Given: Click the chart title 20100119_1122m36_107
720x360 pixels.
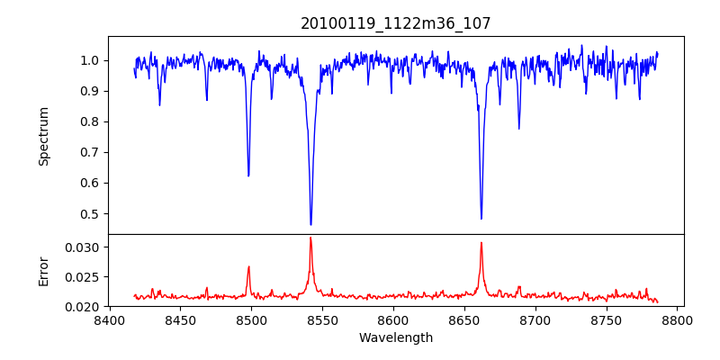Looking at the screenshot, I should click(396, 23).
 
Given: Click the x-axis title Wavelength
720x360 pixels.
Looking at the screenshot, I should click(396, 337).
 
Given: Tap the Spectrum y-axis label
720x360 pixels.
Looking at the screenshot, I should click(44, 136).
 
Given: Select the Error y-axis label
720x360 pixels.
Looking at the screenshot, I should click(44, 270).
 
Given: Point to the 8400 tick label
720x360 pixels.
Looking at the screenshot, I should click(110, 319).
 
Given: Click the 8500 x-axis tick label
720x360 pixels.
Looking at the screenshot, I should click(251, 319).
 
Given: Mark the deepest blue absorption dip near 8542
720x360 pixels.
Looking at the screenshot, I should click(310, 224).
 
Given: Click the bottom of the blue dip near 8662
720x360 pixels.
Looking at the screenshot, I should click(481, 219).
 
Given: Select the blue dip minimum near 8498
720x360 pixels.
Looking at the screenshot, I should click(248, 175).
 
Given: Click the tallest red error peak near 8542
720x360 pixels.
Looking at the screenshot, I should click(310, 238).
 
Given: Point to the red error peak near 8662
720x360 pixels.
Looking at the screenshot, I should click(481, 242).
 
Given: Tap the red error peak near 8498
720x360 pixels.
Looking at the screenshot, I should click(248, 266).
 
